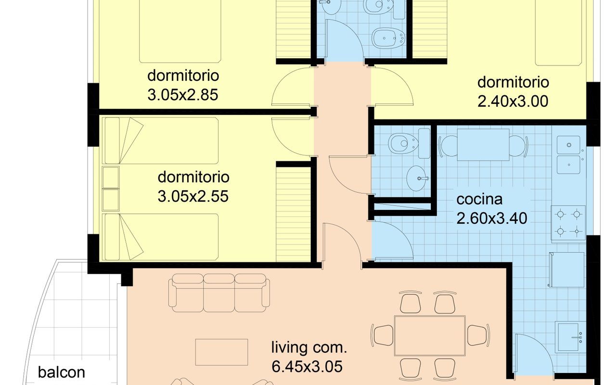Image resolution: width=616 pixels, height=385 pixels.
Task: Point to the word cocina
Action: click(479, 199)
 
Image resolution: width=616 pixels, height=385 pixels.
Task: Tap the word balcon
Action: click(62, 372)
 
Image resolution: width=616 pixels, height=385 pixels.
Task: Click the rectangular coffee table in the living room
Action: click(222, 352)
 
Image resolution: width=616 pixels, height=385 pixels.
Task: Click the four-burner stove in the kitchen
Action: click(568, 223)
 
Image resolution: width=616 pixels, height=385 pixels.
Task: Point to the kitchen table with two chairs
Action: click(483, 145)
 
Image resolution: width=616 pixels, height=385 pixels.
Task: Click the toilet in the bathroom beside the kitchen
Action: click(403, 143)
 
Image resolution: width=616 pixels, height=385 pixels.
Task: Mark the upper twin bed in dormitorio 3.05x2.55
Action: click(162, 141)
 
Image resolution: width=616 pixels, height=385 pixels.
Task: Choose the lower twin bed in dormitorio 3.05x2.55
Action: click(162, 237)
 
